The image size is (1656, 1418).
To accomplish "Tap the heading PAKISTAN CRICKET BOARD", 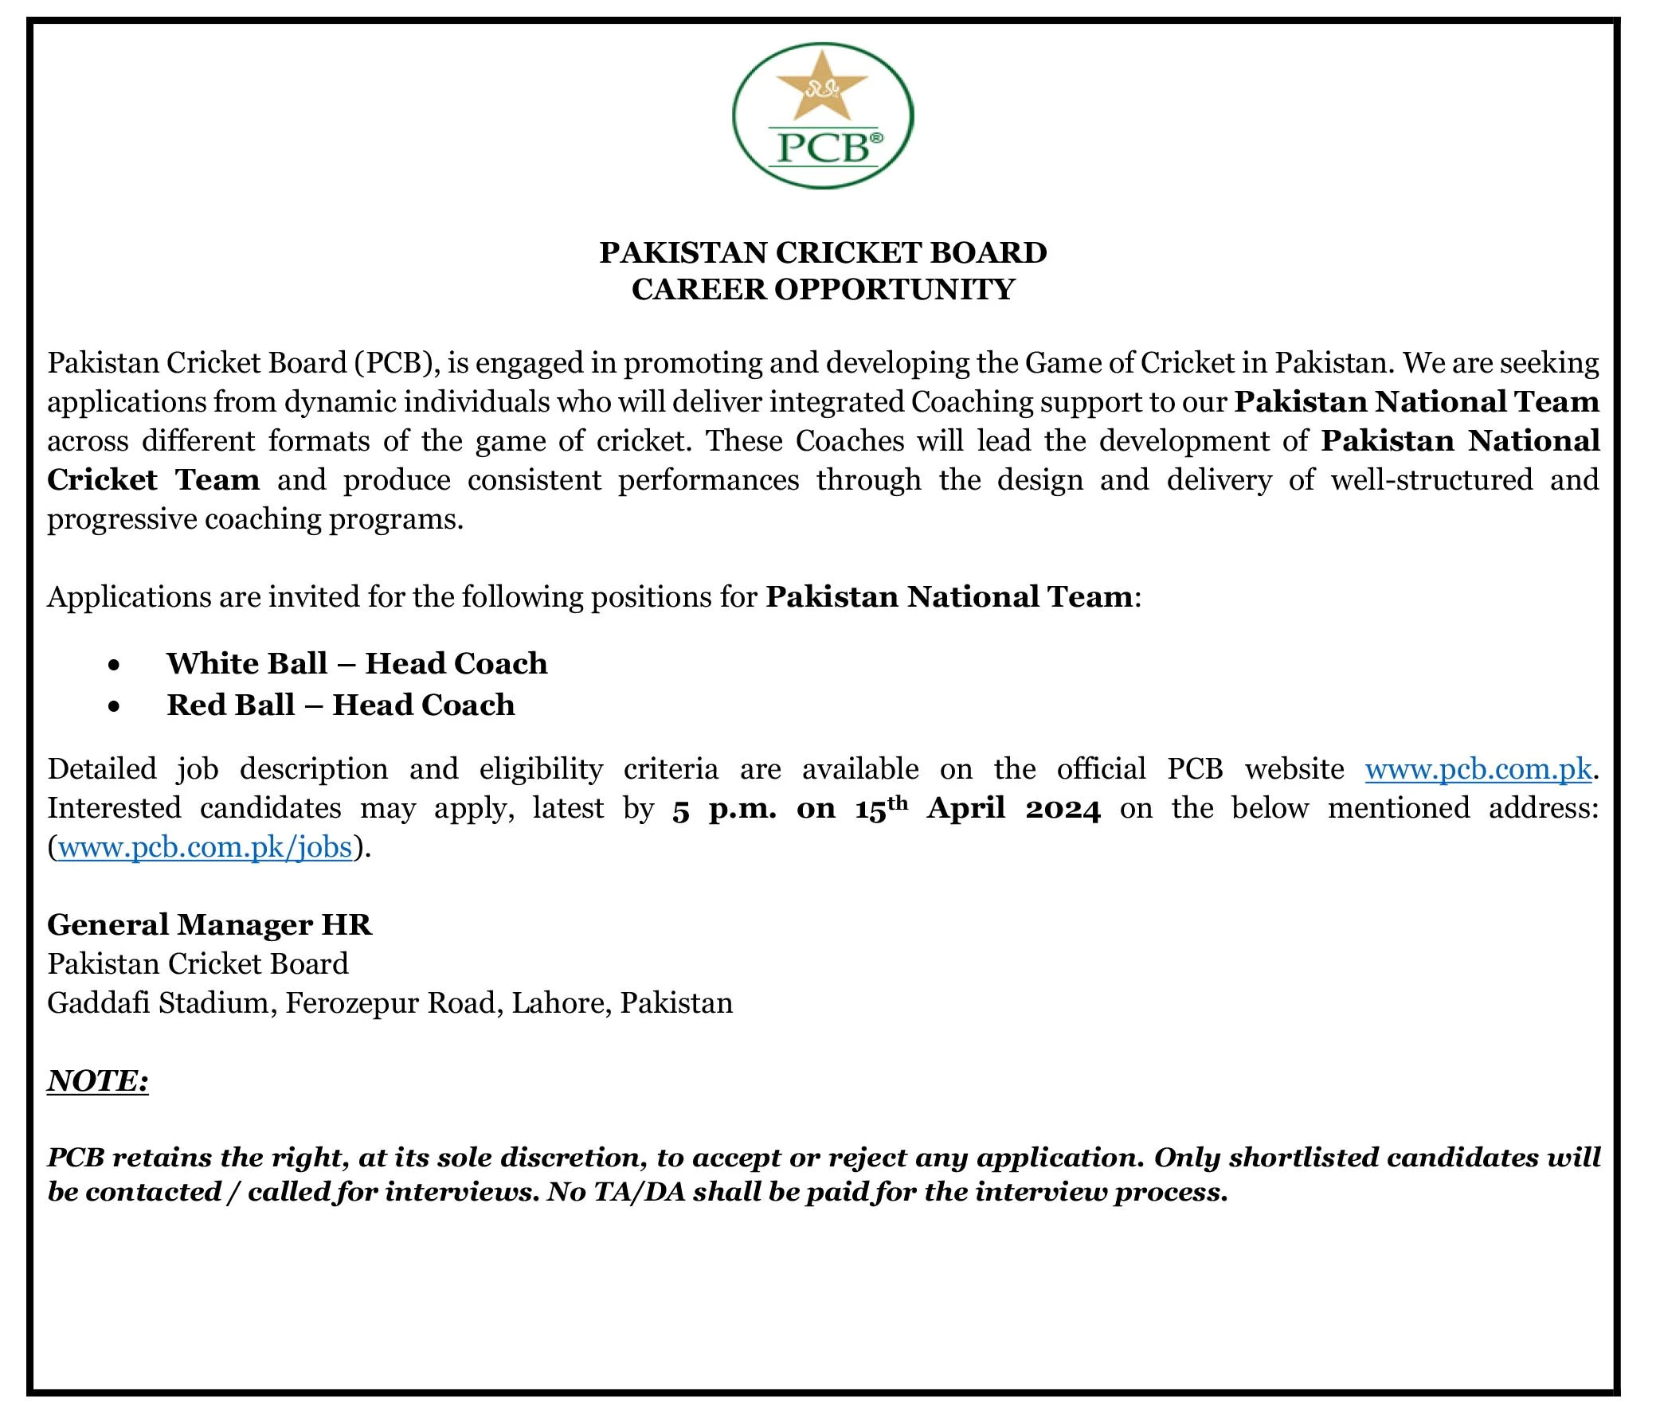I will [822, 252].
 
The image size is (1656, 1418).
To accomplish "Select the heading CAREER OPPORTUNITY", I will [822, 288].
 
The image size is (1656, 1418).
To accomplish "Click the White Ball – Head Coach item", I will [357, 663].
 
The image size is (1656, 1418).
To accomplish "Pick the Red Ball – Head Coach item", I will [340, 705].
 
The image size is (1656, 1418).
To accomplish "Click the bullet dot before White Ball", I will [115, 665].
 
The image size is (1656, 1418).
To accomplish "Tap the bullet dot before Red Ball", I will [115, 706].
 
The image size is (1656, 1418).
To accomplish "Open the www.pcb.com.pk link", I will [1478, 768].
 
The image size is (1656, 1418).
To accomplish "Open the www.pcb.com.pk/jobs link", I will [206, 847].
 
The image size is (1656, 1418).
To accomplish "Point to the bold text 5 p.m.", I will [724, 809].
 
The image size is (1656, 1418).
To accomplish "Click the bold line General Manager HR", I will [209, 924].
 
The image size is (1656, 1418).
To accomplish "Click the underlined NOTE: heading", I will [97, 1081].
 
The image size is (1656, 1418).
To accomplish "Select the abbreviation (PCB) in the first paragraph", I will [394, 363].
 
